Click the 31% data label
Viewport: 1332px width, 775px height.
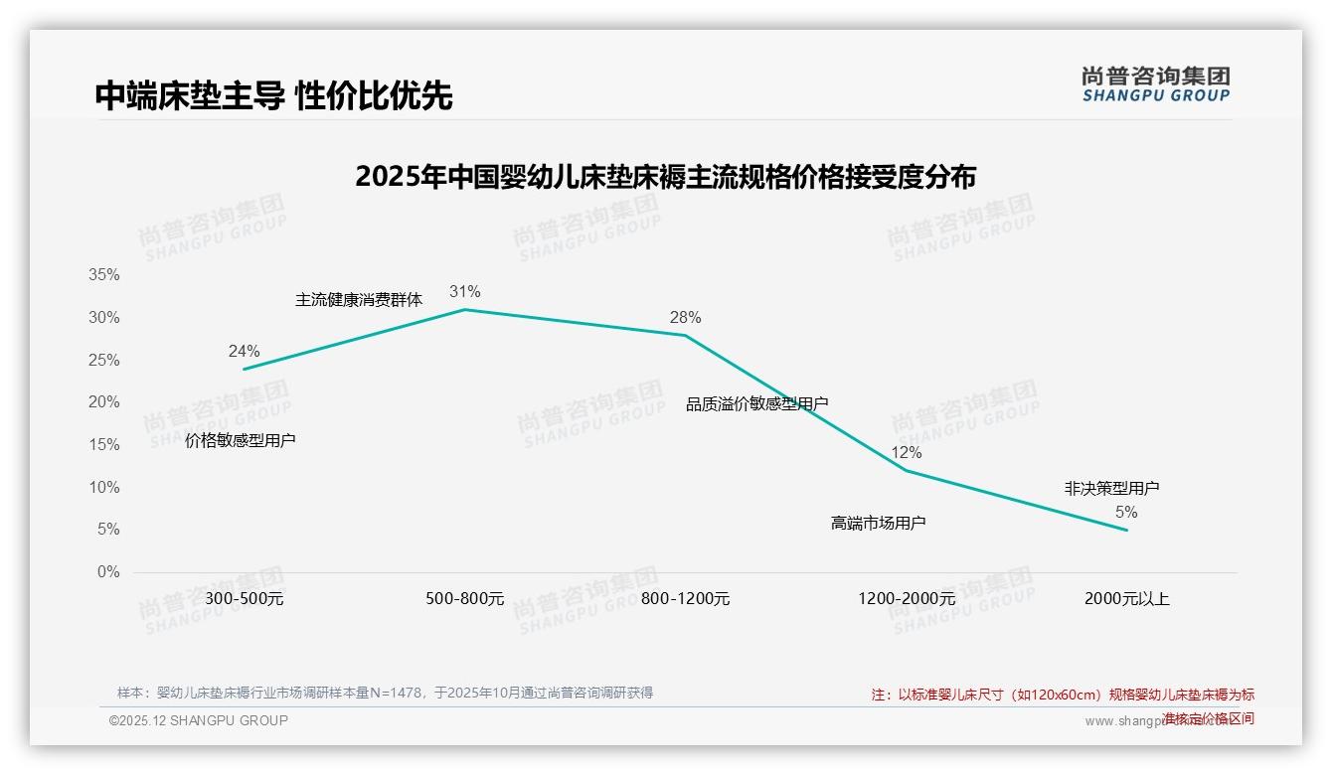point(464,292)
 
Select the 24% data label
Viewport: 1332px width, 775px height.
point(244,352)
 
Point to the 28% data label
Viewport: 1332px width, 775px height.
point(685,318)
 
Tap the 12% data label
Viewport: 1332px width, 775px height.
point(906,453)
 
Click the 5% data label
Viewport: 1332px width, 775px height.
point(1126,513)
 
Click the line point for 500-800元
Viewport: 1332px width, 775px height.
point(464,310)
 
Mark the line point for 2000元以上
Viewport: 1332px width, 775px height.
point(1127,530)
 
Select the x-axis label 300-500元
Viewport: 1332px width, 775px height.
point(245,599)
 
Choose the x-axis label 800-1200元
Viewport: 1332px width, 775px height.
point(685,599)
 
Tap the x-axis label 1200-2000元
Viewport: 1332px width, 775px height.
point(907,599)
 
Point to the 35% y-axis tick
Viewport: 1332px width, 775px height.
point(103,275)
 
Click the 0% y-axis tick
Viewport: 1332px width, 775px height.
point(107,572)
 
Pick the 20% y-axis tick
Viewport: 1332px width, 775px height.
point(103,402)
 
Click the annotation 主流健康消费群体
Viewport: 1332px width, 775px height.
point(359,300)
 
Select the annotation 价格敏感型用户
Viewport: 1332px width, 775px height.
point(241,441)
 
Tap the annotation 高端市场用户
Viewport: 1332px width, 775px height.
point(878,523)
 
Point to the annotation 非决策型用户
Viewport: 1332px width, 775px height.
point(1111,489)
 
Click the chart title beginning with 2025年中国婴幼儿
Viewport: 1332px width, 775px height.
point(665,177)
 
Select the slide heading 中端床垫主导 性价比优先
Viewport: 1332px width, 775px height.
point(273,95)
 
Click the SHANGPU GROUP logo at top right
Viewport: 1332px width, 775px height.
point(1155,84)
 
